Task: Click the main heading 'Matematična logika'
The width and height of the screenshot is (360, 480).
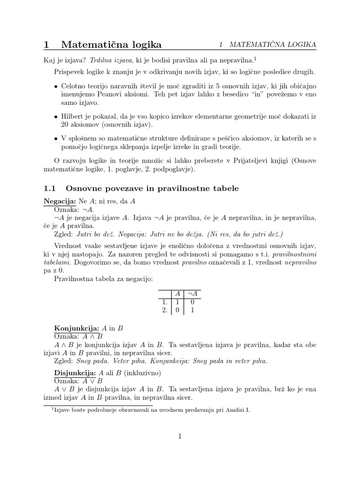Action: (111, 45)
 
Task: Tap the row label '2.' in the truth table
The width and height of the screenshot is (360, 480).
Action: (165, 310)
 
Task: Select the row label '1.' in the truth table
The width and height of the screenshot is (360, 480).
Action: (165, 301)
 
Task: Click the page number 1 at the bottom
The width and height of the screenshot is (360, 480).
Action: (180, 436)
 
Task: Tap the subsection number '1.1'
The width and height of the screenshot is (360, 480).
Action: (50, 188)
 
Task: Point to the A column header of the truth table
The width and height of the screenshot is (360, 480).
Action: (177, 293)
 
